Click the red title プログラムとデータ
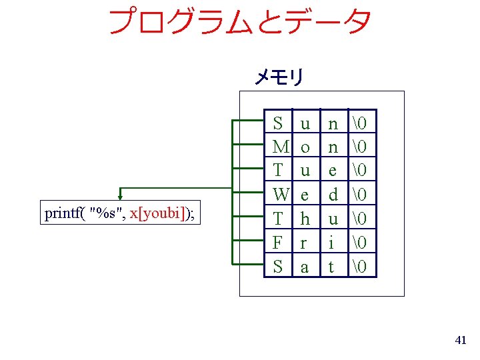click(x=239, y=21)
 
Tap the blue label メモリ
click(x=278, y=77)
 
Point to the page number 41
click(x=460, y=341)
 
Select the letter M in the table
click(x=281, y=147)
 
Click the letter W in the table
click(x=281, y=195)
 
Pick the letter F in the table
click(x=279, y=243)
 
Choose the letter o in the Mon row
click(x=305, y=147)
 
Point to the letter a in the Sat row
click(x=305, y=267)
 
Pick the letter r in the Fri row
click(x=305, y=243)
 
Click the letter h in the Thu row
click(x=305, y=219)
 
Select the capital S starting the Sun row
click(x=279, y=123)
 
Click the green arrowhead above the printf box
click(x=120, y=196)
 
